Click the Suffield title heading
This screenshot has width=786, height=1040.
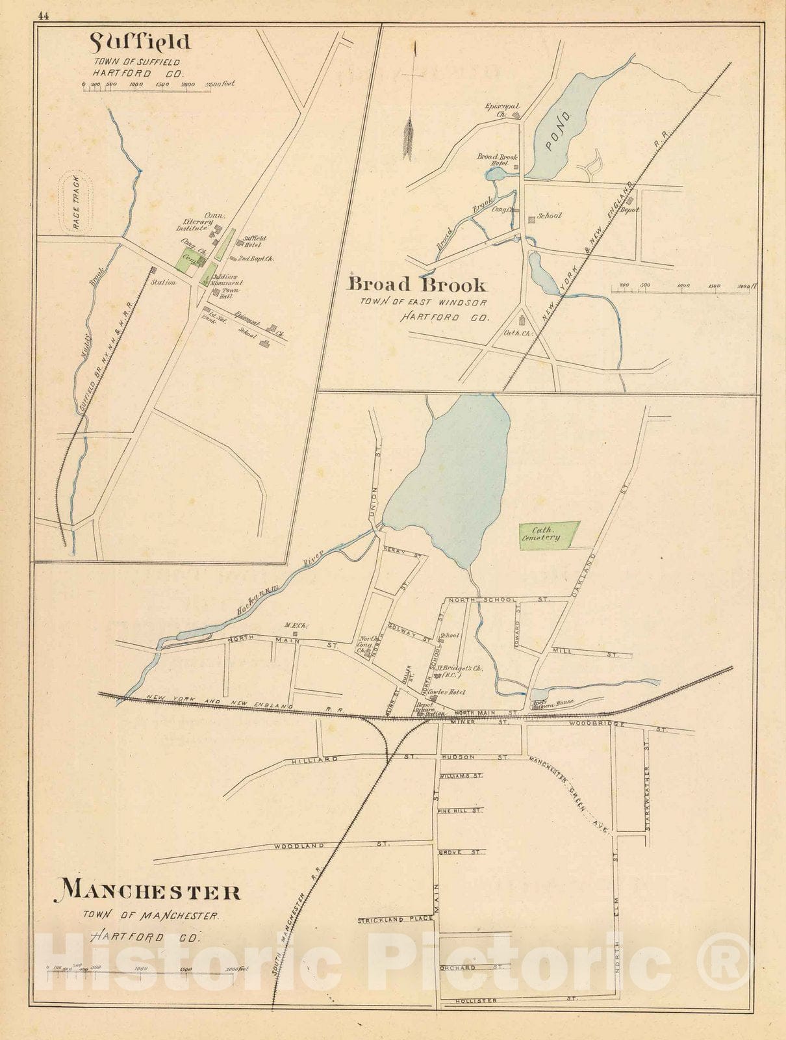click(140, 43)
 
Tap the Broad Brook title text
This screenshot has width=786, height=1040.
click(417, 284)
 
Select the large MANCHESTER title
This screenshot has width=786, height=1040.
click(151, 891)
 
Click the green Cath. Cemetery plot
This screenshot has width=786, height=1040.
click(548, 534)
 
